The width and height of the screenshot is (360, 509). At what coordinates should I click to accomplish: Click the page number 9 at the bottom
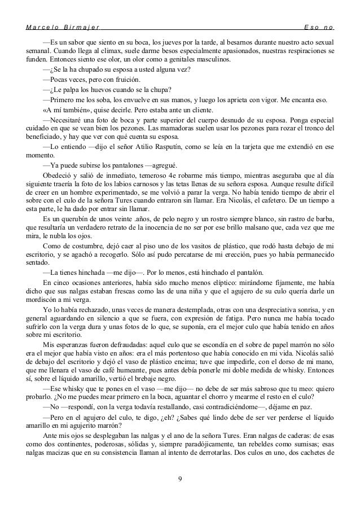(179, 480)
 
